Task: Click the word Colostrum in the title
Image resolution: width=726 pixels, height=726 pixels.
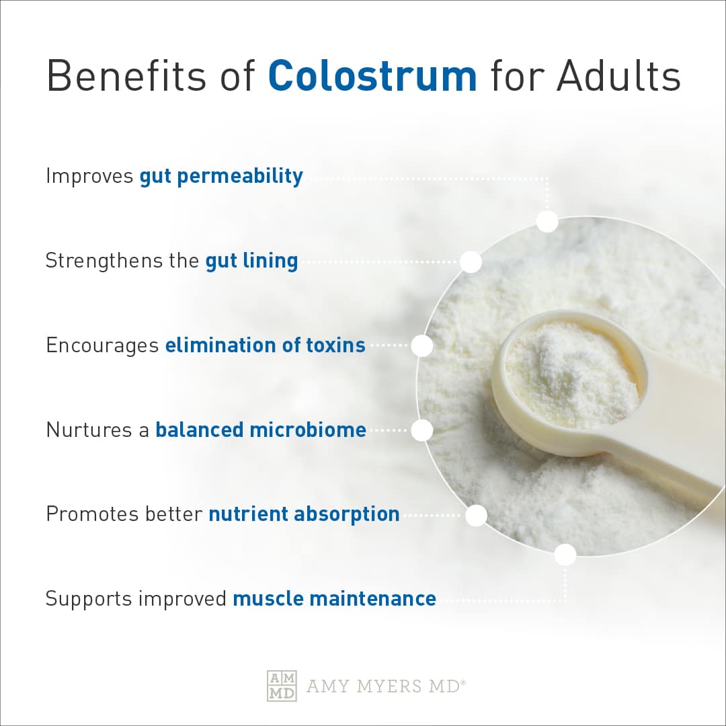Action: point(372,77)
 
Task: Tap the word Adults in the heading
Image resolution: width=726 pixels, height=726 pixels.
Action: point(618,77)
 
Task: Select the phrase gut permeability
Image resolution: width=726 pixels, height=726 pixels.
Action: point(221,177)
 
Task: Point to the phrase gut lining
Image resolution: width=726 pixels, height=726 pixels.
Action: point(251,261)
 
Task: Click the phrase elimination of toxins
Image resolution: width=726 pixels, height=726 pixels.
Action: point(266,346)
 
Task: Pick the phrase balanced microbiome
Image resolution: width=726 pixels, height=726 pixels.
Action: point(261,430)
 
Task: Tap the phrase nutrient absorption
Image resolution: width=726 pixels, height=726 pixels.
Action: point(304,514)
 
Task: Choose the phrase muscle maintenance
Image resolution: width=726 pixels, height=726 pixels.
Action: point(334,598)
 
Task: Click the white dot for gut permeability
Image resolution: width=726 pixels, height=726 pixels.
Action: point(547,221)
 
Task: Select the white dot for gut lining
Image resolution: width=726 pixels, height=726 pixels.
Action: point(471,261)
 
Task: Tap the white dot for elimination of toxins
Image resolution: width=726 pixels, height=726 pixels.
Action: point(421,346)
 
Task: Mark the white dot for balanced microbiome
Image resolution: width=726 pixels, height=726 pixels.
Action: point(421,430)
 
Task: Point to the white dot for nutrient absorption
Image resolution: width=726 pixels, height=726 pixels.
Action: point(476,516)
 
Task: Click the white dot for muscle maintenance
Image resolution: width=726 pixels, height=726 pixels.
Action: point(565,555)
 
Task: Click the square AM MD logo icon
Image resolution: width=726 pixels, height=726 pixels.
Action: point(282,686)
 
